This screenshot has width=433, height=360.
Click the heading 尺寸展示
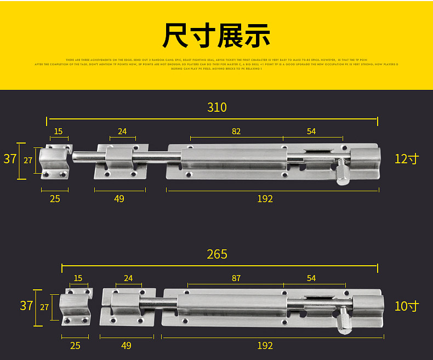(x=216, y=35)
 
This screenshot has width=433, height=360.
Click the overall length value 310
(x=216, y=107)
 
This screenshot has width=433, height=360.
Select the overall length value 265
(x=217, y=254)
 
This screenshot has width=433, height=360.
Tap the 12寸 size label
(x=406, y=159)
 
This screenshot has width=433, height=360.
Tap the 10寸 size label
(x=406, y=306)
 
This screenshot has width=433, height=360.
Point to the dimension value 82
(x=236, y=131)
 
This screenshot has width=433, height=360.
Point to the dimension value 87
(x=236, y=278)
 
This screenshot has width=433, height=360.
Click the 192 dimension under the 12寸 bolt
(x=265, y=198)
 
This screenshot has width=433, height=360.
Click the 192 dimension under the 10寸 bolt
(x=265, y=345)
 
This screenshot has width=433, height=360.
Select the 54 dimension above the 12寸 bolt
(x=311, y=131)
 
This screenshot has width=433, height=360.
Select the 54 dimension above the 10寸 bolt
(x=311, y=278)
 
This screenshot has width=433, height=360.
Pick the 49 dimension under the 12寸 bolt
(x=119, y=198)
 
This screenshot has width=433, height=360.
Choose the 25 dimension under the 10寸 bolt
(x=75, y=345)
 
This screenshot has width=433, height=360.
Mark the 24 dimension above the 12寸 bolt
(x=122, y=131)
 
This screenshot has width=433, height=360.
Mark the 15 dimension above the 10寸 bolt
(x=78, y=278)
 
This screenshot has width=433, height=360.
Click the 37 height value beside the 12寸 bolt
(x=10, y=159)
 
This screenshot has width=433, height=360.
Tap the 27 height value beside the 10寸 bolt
(x=44, y=307)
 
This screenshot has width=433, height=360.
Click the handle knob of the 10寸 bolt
(x=344, y=322)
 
